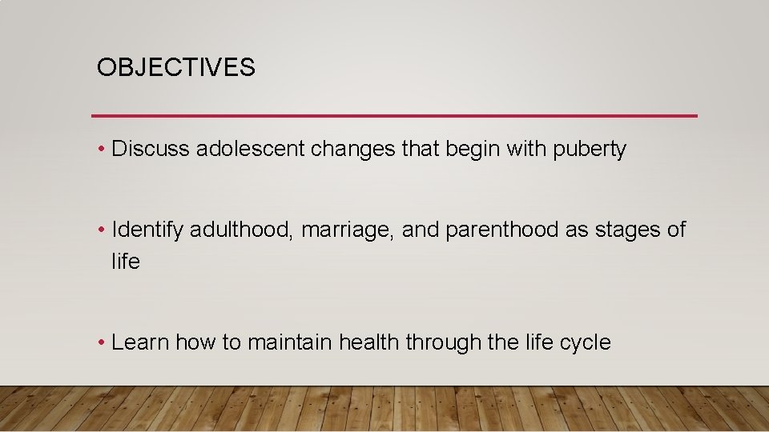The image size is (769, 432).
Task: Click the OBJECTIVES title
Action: coord(175,68)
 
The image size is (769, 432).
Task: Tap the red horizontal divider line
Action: coord(394,116)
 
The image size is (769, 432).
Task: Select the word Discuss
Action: coord(151,149)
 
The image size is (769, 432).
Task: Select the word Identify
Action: coord(148,230)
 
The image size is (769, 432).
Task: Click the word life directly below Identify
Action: coord(126,262)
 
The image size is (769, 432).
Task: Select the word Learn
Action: coord(140,342)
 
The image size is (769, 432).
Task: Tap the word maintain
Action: coord(290,342)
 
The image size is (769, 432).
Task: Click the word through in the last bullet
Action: coord(443,343)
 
